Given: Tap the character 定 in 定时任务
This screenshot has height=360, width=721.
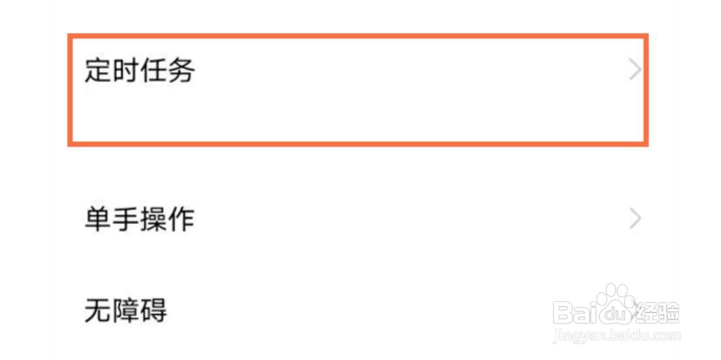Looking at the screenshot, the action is click(98, 70).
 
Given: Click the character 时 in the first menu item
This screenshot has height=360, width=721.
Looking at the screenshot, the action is click(125, 70).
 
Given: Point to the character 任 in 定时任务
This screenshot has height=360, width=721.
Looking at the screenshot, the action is click(153, 70).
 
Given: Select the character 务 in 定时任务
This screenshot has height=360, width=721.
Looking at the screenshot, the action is click(180, 70).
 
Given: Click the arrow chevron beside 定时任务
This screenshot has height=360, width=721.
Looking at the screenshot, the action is click(634, 69).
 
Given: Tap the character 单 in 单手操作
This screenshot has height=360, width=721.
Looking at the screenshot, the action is click(98, 219).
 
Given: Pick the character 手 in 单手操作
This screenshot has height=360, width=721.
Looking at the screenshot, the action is click(125, 219).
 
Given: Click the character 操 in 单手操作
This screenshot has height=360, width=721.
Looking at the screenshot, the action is click(153, 219).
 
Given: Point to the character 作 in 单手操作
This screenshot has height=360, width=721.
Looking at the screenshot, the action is click(180, 219).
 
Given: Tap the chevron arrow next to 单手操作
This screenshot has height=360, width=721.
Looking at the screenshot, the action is click(634, 219).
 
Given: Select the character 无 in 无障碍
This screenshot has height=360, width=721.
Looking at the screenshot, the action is click(98, 310).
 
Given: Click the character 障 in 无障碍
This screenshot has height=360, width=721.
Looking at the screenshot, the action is click(125, 310).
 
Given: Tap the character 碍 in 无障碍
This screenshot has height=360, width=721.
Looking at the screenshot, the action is click(153, 310).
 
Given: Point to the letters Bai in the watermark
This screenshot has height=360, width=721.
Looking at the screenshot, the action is click(576, 312).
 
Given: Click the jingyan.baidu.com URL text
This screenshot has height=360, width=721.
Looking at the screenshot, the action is click(616, 335).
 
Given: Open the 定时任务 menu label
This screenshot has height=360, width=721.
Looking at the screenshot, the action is click(139, 70).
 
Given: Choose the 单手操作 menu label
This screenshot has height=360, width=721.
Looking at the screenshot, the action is click(139, 219).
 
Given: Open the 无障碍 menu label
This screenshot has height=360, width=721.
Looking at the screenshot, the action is click(125, 310).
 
